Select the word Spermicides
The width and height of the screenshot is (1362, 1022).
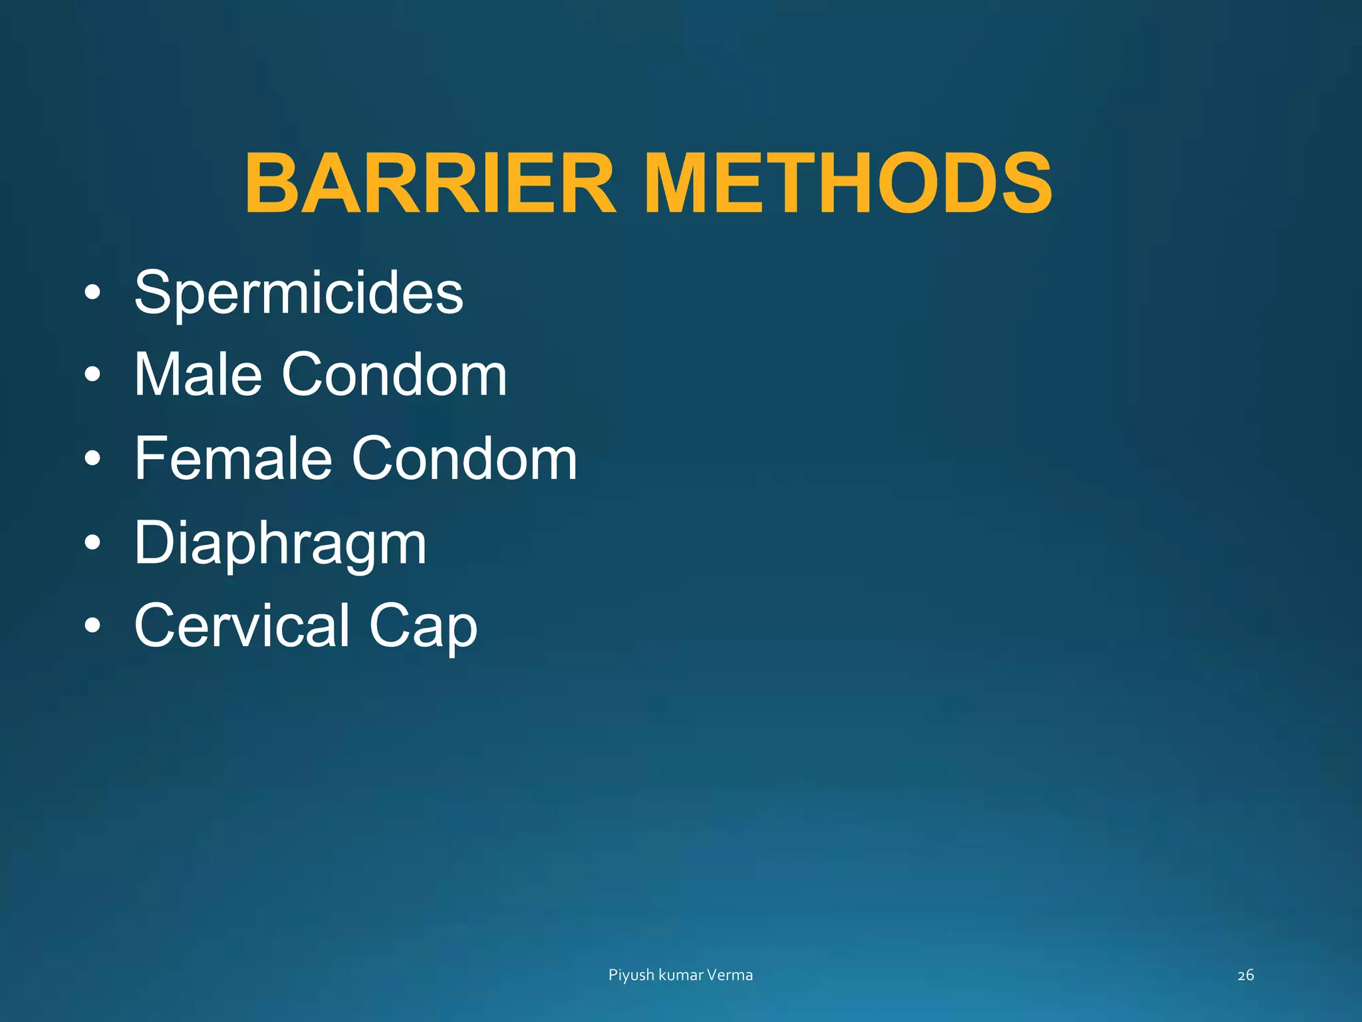click(x=299, y=293)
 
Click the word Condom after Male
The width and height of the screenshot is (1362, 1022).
click(x=394, y=375)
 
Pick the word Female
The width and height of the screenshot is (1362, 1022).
click(x=233, y=458)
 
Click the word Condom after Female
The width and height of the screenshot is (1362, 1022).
click(x=464, y=458)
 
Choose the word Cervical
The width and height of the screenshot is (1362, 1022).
click(x=242, y=625)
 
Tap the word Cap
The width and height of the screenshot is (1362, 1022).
click(x=423, y=627)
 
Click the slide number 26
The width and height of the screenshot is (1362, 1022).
click(x=1246, y=975)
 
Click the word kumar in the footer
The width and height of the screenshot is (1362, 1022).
click(x=681, y=975)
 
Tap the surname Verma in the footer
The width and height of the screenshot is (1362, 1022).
click(x=730, y=975)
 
